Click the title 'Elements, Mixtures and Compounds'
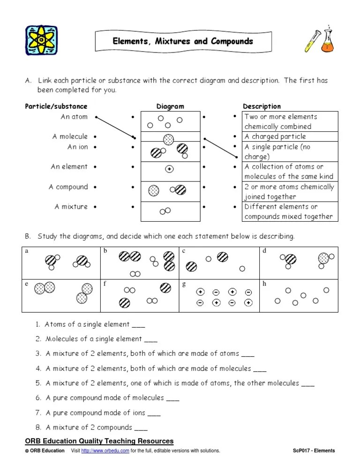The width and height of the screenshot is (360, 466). [x=183, y=41]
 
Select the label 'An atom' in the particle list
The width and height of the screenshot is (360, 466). [x=74, y=117]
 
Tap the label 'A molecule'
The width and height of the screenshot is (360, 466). [x=70, y=136]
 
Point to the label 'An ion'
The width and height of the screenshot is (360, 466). [x=77, y=147]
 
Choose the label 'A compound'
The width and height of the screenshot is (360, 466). [x=68, y=187]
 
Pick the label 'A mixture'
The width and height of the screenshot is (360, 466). [x=71, y=206]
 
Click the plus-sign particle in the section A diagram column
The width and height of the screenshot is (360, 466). [x=169, y=169]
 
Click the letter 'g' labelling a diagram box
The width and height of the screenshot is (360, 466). [x=184, y=284]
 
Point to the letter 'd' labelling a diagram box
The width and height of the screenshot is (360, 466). [x=264, y=251]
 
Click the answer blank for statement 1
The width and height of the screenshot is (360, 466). [x=139, y=325]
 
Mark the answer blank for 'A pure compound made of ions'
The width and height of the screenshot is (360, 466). [x=154, y=413]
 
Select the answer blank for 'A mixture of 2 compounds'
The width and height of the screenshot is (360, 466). [x=141, y=428]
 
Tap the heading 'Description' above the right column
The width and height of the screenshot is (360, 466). [x=262, y=106]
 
